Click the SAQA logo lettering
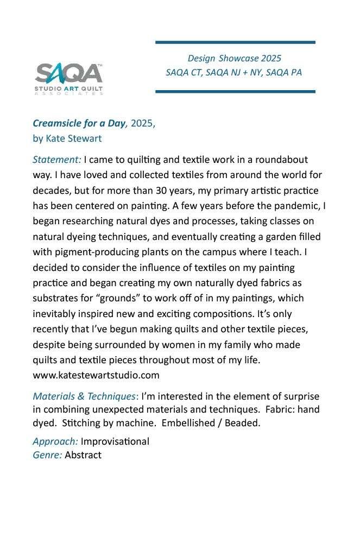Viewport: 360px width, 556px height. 68,73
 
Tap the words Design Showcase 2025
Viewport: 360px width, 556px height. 234,58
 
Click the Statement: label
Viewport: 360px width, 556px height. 57,160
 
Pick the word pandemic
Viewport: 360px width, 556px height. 296,206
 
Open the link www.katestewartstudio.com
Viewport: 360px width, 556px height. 96,375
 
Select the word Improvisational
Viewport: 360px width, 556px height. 115,441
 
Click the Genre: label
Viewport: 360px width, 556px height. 47,455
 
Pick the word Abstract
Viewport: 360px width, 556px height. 83,455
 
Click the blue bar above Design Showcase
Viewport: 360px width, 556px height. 235,42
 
